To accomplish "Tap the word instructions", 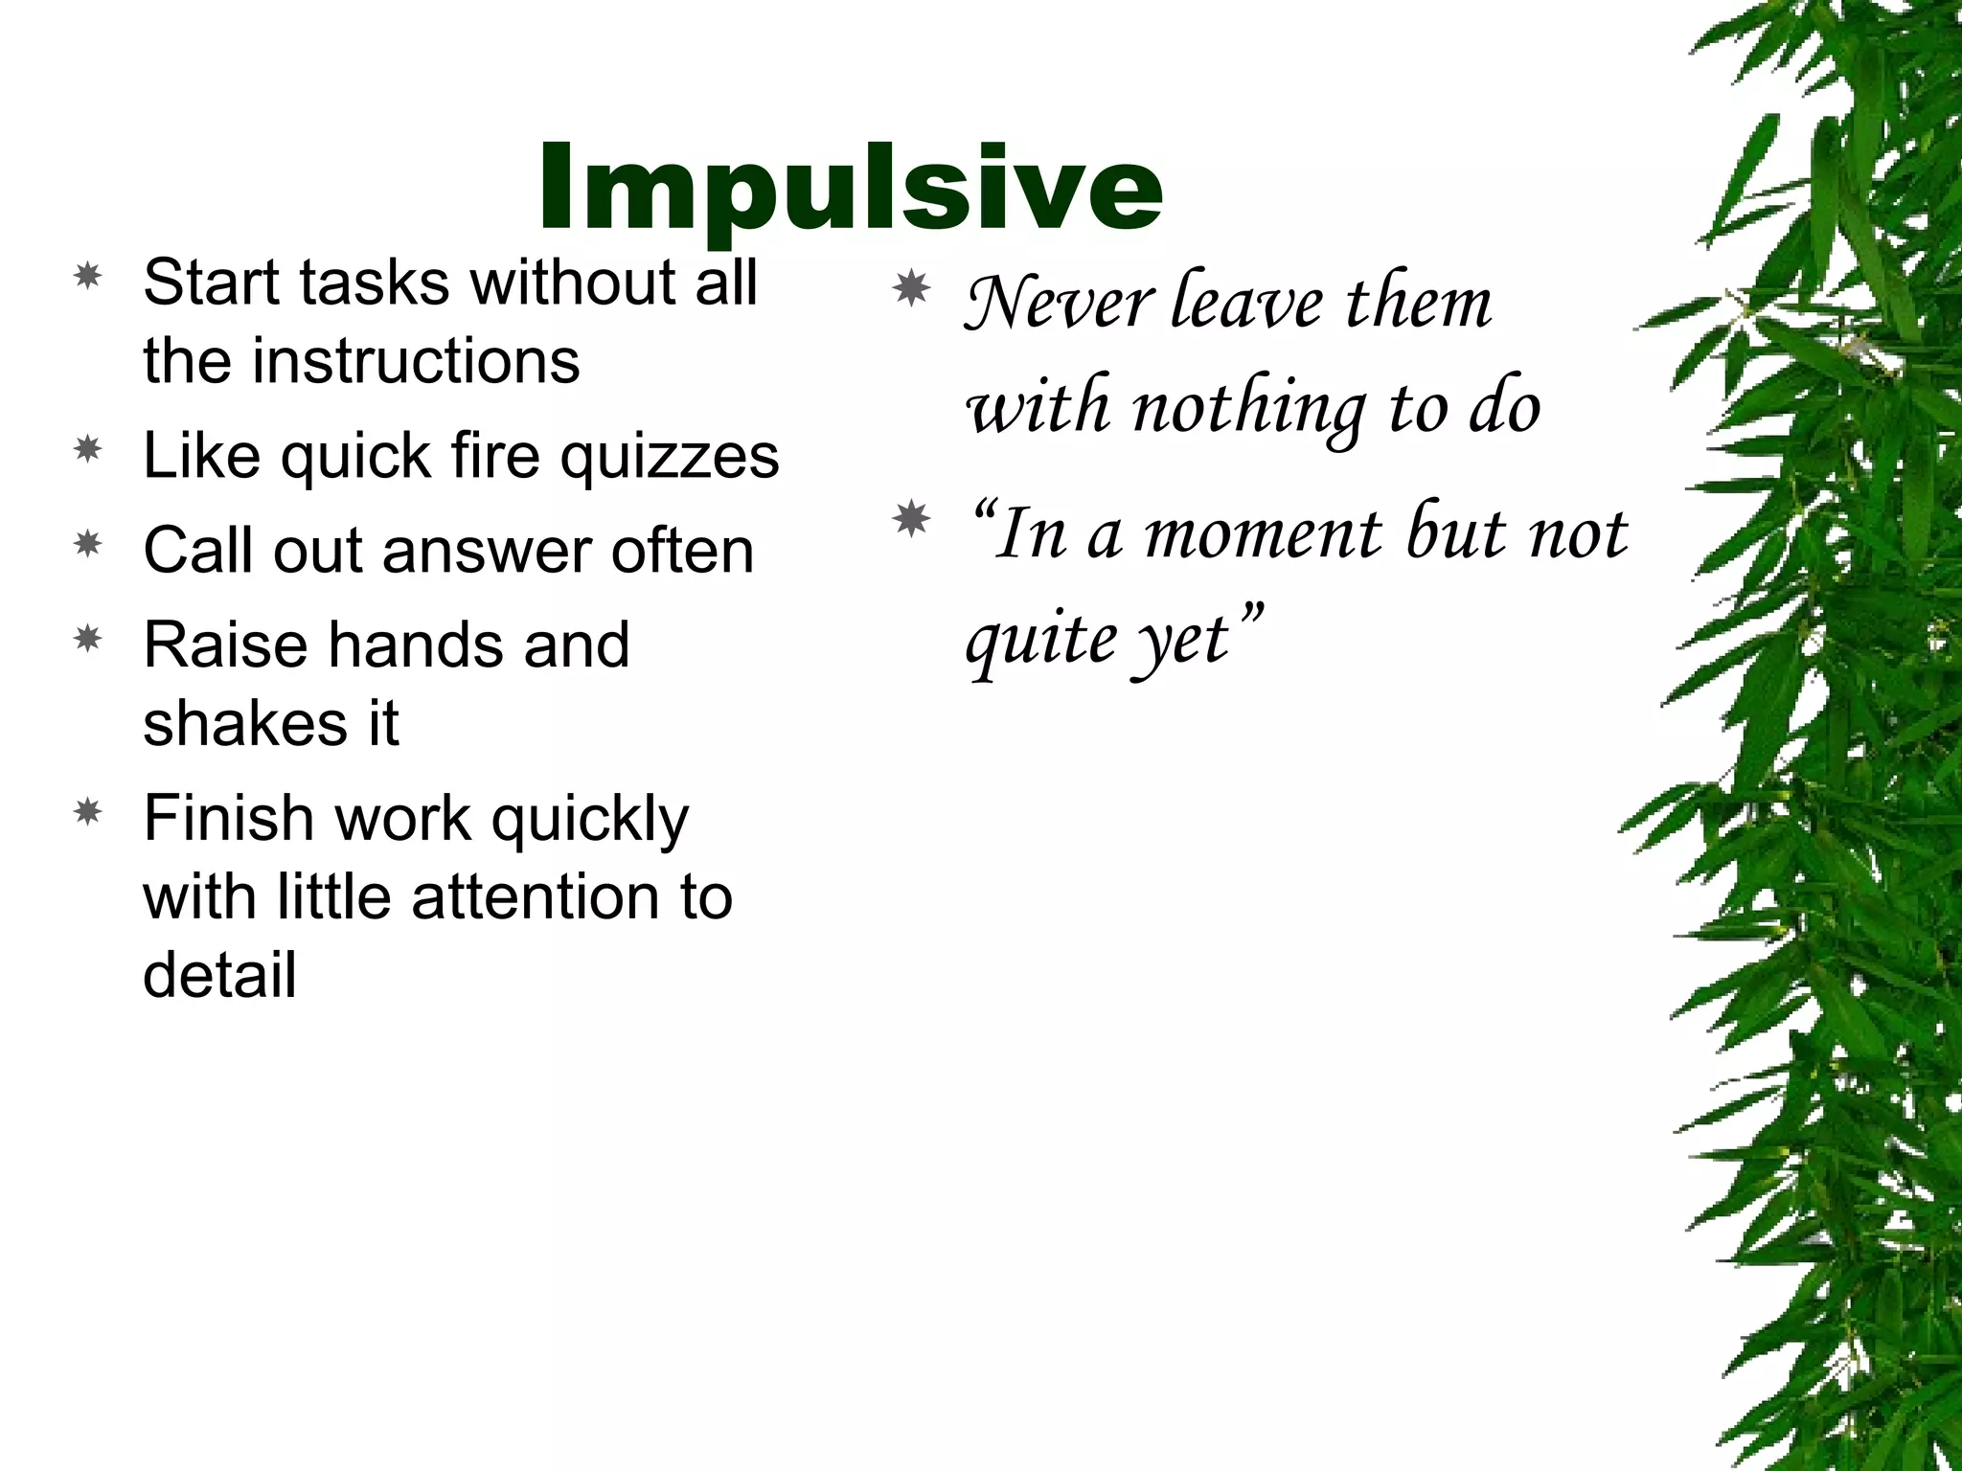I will (417, 361).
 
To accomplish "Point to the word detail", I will (219, 976).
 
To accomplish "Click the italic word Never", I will (1058, 303).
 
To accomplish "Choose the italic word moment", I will (1264, 534).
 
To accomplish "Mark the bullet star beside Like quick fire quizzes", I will (88, 450).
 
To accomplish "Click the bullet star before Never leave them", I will (911, 288).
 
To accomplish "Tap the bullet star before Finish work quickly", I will (88, 813).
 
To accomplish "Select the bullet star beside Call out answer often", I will (88, 545).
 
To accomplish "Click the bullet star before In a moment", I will (911, 520).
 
